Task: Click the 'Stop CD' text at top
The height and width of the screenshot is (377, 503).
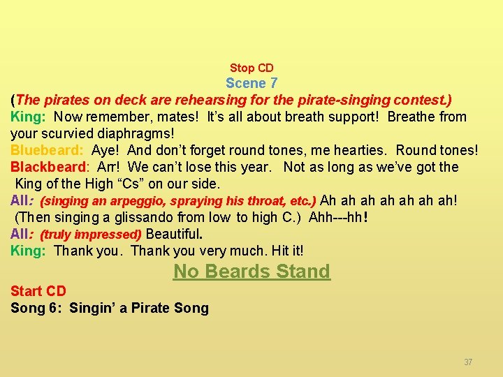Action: pos(251,68)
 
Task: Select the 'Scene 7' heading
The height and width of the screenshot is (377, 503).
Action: pos(251,83)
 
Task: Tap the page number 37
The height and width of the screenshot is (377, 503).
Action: pos(468,362)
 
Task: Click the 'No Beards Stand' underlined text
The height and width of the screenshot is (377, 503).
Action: pos(251,272)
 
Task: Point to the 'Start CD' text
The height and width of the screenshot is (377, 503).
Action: pos(38,291)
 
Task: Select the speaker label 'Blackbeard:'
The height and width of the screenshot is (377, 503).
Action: pos(50,167)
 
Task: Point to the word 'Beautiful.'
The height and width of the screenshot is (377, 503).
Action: pos(174,234)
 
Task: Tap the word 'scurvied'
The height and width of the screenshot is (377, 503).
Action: pos(66,133)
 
